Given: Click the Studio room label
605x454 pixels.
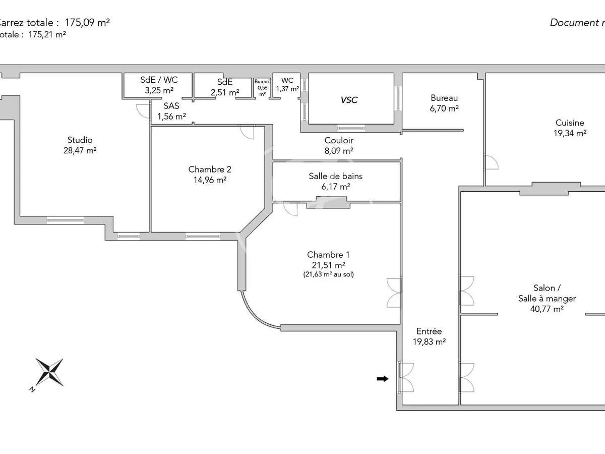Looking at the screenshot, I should tap(80, 140).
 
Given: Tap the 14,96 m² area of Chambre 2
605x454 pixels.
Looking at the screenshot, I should tap(207, 179).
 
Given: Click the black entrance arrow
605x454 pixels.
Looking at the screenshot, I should tap(383, 379).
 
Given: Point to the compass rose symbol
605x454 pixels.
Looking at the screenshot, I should tap(49, 372).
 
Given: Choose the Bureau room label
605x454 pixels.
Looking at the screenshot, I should tap(444, 98).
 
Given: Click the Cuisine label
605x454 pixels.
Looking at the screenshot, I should tap(570, 123).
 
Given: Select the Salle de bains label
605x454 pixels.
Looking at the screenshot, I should tap(335, 176).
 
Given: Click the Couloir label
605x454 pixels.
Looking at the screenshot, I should tap(338, 140).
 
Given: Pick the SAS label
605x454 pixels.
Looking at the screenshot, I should tap(171, 106).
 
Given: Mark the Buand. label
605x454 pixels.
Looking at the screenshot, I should tap(262, 81).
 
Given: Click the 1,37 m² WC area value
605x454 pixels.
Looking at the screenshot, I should tap(287, 89).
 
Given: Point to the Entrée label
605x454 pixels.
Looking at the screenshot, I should tap(429, 331).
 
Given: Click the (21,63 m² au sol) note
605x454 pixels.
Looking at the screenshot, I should tap(328, 274).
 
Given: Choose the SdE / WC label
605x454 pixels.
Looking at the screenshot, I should tap(158, 80).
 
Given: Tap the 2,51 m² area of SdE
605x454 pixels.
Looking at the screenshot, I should tap(224, 92).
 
